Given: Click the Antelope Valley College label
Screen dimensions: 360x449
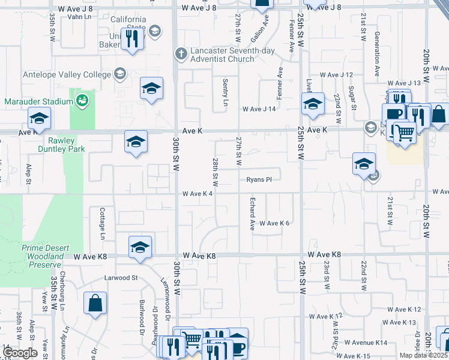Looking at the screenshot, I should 67,74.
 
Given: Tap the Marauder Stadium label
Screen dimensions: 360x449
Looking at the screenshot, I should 38,101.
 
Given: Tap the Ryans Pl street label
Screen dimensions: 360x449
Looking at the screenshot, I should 259,179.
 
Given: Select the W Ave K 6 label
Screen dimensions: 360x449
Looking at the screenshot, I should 274,223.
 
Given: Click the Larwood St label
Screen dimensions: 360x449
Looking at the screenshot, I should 121,278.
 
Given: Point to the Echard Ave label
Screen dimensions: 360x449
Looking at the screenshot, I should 253,213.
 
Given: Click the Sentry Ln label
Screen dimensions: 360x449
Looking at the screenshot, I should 226,92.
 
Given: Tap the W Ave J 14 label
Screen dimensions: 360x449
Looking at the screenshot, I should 259,109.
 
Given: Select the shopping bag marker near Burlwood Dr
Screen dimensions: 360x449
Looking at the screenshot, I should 95,303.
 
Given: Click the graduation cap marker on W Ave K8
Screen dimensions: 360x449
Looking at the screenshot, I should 140,247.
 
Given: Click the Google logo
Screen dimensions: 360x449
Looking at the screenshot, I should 20,353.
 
